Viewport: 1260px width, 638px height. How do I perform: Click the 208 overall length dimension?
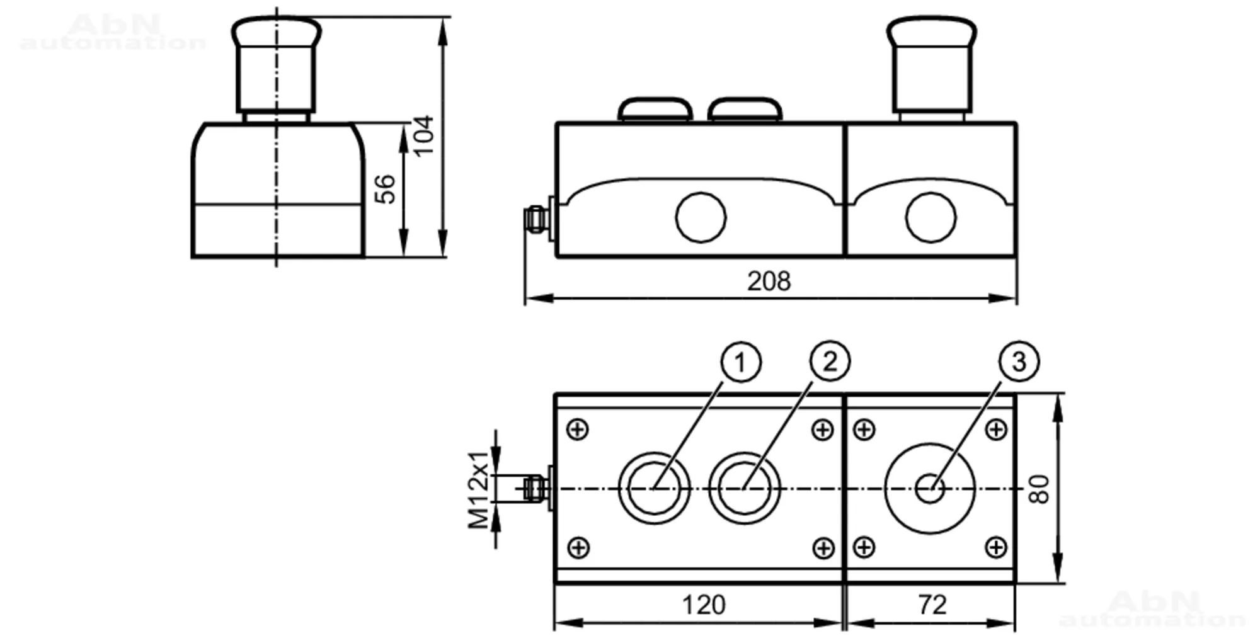coord(769,281)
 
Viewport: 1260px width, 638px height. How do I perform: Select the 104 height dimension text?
coord(423,135)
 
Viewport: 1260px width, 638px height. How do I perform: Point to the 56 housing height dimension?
coord(385,190)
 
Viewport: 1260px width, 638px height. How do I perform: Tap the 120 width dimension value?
coord(704,605)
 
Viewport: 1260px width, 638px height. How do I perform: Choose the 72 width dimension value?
coord(932,605)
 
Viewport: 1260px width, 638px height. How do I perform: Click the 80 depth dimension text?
coord(1039,489)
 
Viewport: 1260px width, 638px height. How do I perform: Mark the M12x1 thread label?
coord(479,489)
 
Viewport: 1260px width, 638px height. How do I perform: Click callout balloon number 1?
coord(740,362)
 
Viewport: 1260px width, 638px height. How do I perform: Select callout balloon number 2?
coord(830,362)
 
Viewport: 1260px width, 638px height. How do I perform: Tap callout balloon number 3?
coord(1019,362)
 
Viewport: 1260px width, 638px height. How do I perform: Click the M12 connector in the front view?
coord(535,218)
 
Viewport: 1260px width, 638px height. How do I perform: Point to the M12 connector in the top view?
coord(535,488)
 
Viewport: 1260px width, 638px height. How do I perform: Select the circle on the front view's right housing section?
coord(931,217)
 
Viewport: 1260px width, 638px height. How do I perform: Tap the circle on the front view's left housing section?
coord(701,217)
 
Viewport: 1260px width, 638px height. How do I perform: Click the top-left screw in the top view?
coord(578,430)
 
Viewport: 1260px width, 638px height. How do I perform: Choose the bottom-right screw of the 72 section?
coord(995,547)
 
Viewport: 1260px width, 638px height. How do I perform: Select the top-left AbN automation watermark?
coord(113,33)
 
